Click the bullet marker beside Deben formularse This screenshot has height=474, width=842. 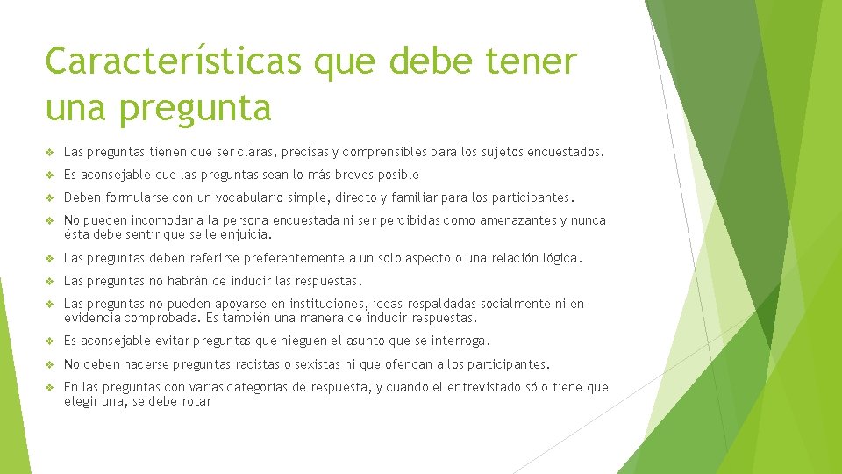[52, 197]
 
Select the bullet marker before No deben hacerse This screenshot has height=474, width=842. [52, 364]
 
